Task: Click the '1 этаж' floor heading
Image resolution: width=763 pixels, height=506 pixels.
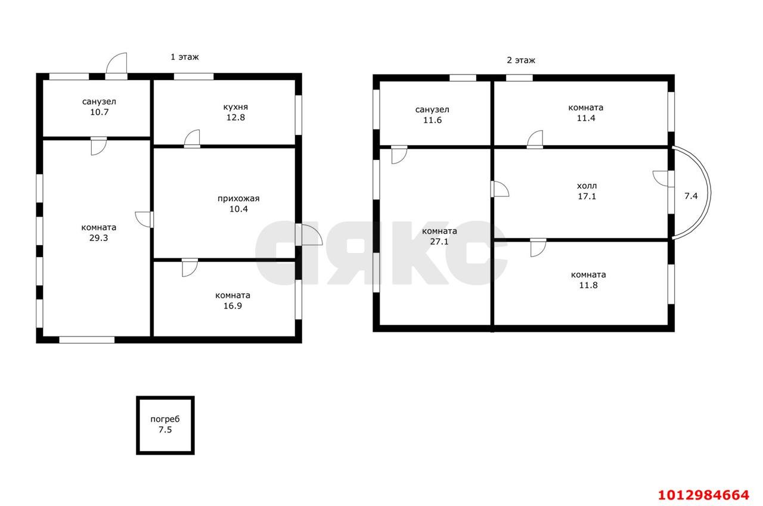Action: [185, 57]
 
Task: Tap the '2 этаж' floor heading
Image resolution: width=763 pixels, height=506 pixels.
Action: [521, 60]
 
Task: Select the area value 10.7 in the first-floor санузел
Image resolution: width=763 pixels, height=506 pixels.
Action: [99, 112]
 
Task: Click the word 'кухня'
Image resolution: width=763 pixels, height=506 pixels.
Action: [235, 107]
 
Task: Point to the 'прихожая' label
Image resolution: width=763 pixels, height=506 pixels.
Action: [238, 199]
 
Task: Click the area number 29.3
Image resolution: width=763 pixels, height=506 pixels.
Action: [98, 238]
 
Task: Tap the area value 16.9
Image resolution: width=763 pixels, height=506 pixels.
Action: [232, 306]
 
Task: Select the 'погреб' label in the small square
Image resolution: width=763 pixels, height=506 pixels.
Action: [165, 419]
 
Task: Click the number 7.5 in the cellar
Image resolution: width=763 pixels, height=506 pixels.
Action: [165, 430]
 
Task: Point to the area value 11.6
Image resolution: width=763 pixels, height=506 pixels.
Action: [432, 121]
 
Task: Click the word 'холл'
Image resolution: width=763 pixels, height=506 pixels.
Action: [587, 186]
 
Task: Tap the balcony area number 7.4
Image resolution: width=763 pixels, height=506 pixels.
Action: [691, 196]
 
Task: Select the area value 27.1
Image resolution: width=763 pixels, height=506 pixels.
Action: [439, 242]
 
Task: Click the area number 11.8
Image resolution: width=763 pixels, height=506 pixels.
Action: [588, 285]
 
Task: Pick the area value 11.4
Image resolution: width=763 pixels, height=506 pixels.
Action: [586, 118]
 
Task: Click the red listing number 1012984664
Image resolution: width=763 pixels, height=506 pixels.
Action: [704, 495]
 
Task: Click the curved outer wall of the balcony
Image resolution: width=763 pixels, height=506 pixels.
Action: [709, 193]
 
